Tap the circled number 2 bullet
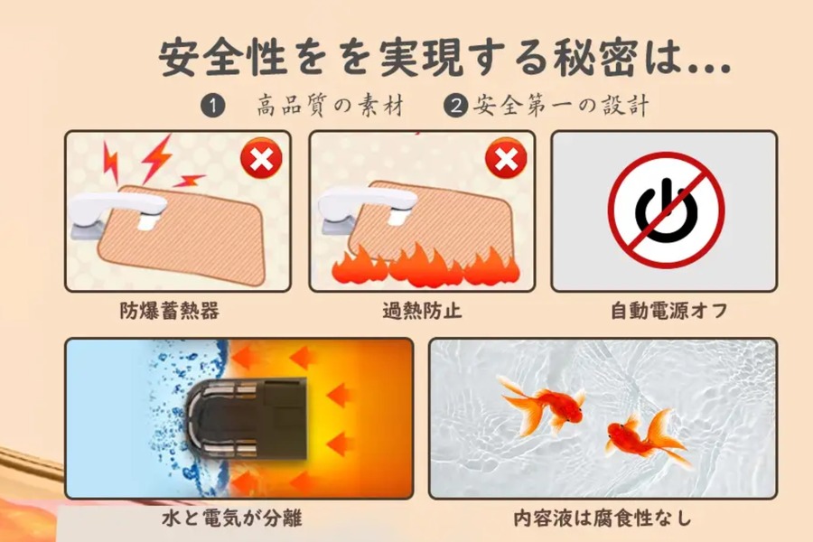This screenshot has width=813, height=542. pyautogui.click(x=457, y=106)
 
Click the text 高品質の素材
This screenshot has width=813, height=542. pyautogui.click(x=329, y=106)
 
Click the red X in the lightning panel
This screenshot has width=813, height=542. pyautogui.click(x=260, y=161)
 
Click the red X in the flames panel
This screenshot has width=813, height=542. pyautogui.click(x=506, y=161)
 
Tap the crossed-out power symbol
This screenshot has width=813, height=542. pyautogui.click(x=666, y=210)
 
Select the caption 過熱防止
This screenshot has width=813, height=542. pyautogui.click(x=422, y=312)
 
